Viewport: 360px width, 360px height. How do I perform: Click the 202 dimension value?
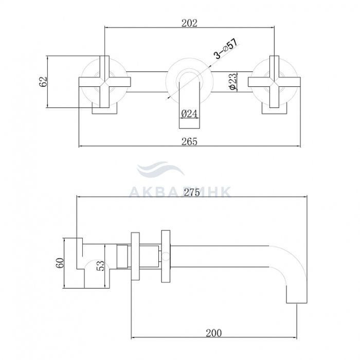189,23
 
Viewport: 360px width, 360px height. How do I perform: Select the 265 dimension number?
189,141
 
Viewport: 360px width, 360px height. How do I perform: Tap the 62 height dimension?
43,81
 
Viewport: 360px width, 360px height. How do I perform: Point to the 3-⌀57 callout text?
226,48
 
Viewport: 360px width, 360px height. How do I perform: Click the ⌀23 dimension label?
233,81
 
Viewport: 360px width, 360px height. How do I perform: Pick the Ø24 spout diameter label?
189,114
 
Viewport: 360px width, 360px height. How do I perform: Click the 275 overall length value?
192,192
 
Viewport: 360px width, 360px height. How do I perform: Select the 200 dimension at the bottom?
214,333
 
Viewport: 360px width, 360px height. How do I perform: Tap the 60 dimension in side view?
60,263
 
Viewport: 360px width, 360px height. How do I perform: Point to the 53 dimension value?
100,266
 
